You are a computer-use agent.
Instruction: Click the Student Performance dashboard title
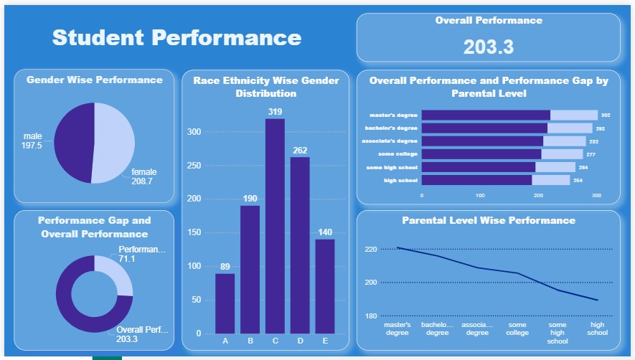point(177,37)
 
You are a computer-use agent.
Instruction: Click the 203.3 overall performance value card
point(488,47)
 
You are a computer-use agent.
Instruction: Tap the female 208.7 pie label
point(144,177)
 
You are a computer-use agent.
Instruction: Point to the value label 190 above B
point(250,198)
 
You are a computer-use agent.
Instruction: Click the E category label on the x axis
point(325,341)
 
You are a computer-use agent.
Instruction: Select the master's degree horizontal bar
point(486,115)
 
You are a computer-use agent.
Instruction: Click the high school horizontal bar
point(477,180)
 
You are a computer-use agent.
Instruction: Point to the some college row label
point(398,154)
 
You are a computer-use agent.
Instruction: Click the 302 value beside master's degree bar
point(606,115)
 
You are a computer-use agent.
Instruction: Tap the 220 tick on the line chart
point(371,250)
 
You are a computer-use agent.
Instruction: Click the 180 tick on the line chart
point(371,316)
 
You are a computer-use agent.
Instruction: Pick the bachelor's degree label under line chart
point(437,328)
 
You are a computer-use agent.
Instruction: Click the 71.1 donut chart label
point(127,259)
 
